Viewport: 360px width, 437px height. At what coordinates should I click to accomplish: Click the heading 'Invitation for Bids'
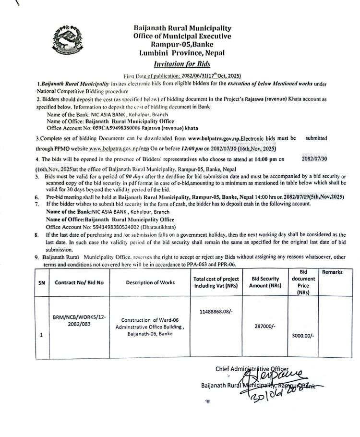click(x=182, y=64)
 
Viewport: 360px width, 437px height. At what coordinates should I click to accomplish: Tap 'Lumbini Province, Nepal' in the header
click(x=182, y=53)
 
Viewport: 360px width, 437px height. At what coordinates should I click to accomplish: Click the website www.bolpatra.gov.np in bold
click(x=221, y=138)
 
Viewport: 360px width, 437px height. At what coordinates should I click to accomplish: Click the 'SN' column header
click(x=41, y=282)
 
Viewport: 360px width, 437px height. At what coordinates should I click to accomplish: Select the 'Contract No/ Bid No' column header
click(x=79, y=282)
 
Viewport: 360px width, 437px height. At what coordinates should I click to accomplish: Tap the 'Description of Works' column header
click(x=150, y=282)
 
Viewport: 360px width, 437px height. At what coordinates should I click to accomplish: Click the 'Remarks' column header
click(x=332, y=272)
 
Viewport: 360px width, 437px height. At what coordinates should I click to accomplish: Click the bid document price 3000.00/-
click(x=303, y=336)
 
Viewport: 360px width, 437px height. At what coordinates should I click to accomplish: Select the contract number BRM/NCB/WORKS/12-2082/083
click(x=79, y=321)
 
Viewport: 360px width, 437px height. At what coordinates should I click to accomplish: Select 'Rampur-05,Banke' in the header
click(x=182, y=44)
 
